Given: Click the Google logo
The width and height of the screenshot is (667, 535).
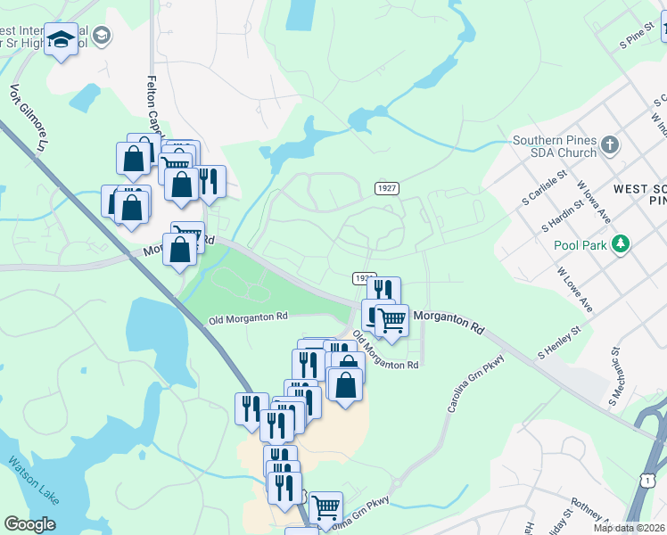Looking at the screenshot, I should click(x=29, y=524).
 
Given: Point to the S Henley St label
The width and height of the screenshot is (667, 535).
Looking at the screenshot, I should click(x=558, y=342).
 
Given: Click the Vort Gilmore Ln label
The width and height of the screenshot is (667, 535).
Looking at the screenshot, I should click(x=29, y=116).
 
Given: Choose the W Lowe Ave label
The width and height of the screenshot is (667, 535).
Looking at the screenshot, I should click(x=574, y=290).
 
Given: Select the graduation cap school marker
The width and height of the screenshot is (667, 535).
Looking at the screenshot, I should click(x=62, y=40).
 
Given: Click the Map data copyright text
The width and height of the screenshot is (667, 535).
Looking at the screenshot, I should click(x=630, y=528).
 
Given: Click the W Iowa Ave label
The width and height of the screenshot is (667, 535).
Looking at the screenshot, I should click(x=592, y=202).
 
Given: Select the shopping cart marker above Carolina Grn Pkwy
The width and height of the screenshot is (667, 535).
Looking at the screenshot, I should click(x=326, y=506).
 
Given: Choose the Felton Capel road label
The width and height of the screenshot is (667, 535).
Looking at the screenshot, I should click(x=152, y=104).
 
